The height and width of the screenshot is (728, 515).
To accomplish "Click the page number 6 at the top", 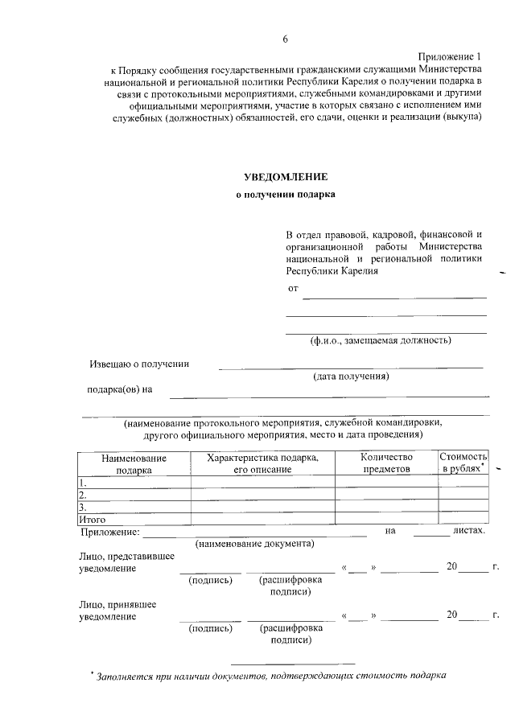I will (x=285, y=39).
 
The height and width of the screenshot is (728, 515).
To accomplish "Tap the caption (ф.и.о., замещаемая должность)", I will (x=381, y=340).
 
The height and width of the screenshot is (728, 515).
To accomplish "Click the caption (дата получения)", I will (x=351, y=376).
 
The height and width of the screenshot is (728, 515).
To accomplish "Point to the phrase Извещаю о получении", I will (x=138, y=364).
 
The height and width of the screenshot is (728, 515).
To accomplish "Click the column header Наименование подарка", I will (x=134, y=463).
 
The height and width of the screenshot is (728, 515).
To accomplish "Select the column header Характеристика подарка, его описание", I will (x=262, y=463).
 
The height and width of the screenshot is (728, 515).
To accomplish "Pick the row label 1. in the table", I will (x=82, y=483).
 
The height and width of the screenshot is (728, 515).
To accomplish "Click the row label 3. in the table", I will (x=82, y=508).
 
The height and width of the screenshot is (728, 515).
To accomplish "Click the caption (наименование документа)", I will (x=254, y=544).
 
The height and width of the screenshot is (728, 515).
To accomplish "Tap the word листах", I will (x=469, y=531).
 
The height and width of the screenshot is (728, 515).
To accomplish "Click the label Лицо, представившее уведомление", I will (x=117, y=561).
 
